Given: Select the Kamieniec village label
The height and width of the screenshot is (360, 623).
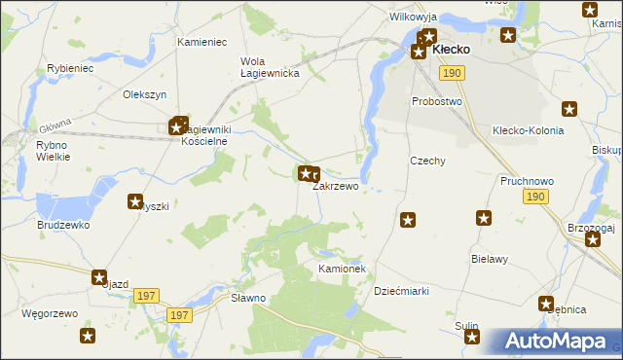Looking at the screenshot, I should [x=202, y=43].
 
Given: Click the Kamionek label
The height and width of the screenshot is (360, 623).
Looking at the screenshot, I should [x=341, y=268].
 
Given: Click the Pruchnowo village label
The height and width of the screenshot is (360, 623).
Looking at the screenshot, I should [x=526, y=181].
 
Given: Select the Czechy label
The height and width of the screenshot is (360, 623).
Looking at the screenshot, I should [x=427, y=161].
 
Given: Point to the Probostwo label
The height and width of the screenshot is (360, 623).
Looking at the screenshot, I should [x=435, y=101].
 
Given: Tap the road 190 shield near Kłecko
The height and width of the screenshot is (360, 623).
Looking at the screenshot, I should [x=451, y=73].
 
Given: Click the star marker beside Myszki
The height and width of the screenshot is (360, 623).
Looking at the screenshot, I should [x=135, y=201].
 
